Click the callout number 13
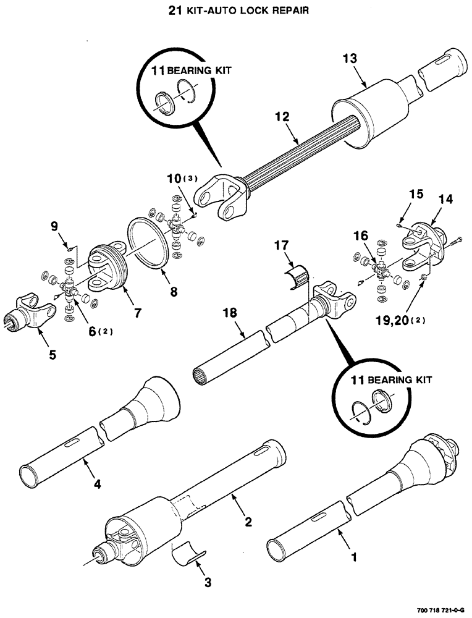click(x=350, y=59)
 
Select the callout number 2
click(x=247, y=522)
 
